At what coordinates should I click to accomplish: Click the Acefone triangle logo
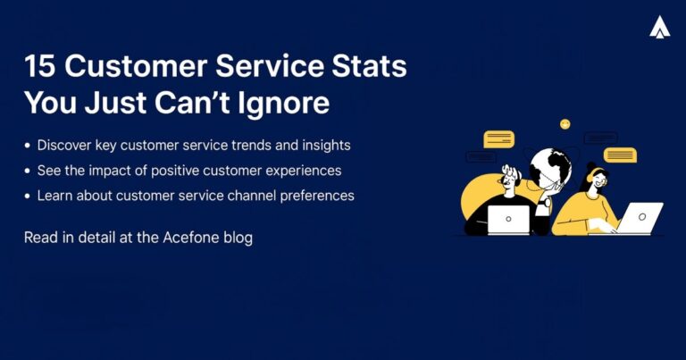tap(660, 29)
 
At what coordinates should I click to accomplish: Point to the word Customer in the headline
tap(127, 68)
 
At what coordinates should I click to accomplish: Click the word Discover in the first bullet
tap(65, 145)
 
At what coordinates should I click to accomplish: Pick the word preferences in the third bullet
tap(317, 195)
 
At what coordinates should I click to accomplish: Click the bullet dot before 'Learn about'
tap(28, 196)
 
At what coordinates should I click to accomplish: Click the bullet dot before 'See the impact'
tap(28, 171)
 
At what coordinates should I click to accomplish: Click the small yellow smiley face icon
tap(565, 124)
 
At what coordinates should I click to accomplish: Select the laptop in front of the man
tap(509, 219)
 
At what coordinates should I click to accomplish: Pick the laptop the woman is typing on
tap(640, 218)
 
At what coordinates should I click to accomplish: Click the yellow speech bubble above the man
tap(498, 139)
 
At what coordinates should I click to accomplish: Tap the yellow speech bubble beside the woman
tap(620, 155)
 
